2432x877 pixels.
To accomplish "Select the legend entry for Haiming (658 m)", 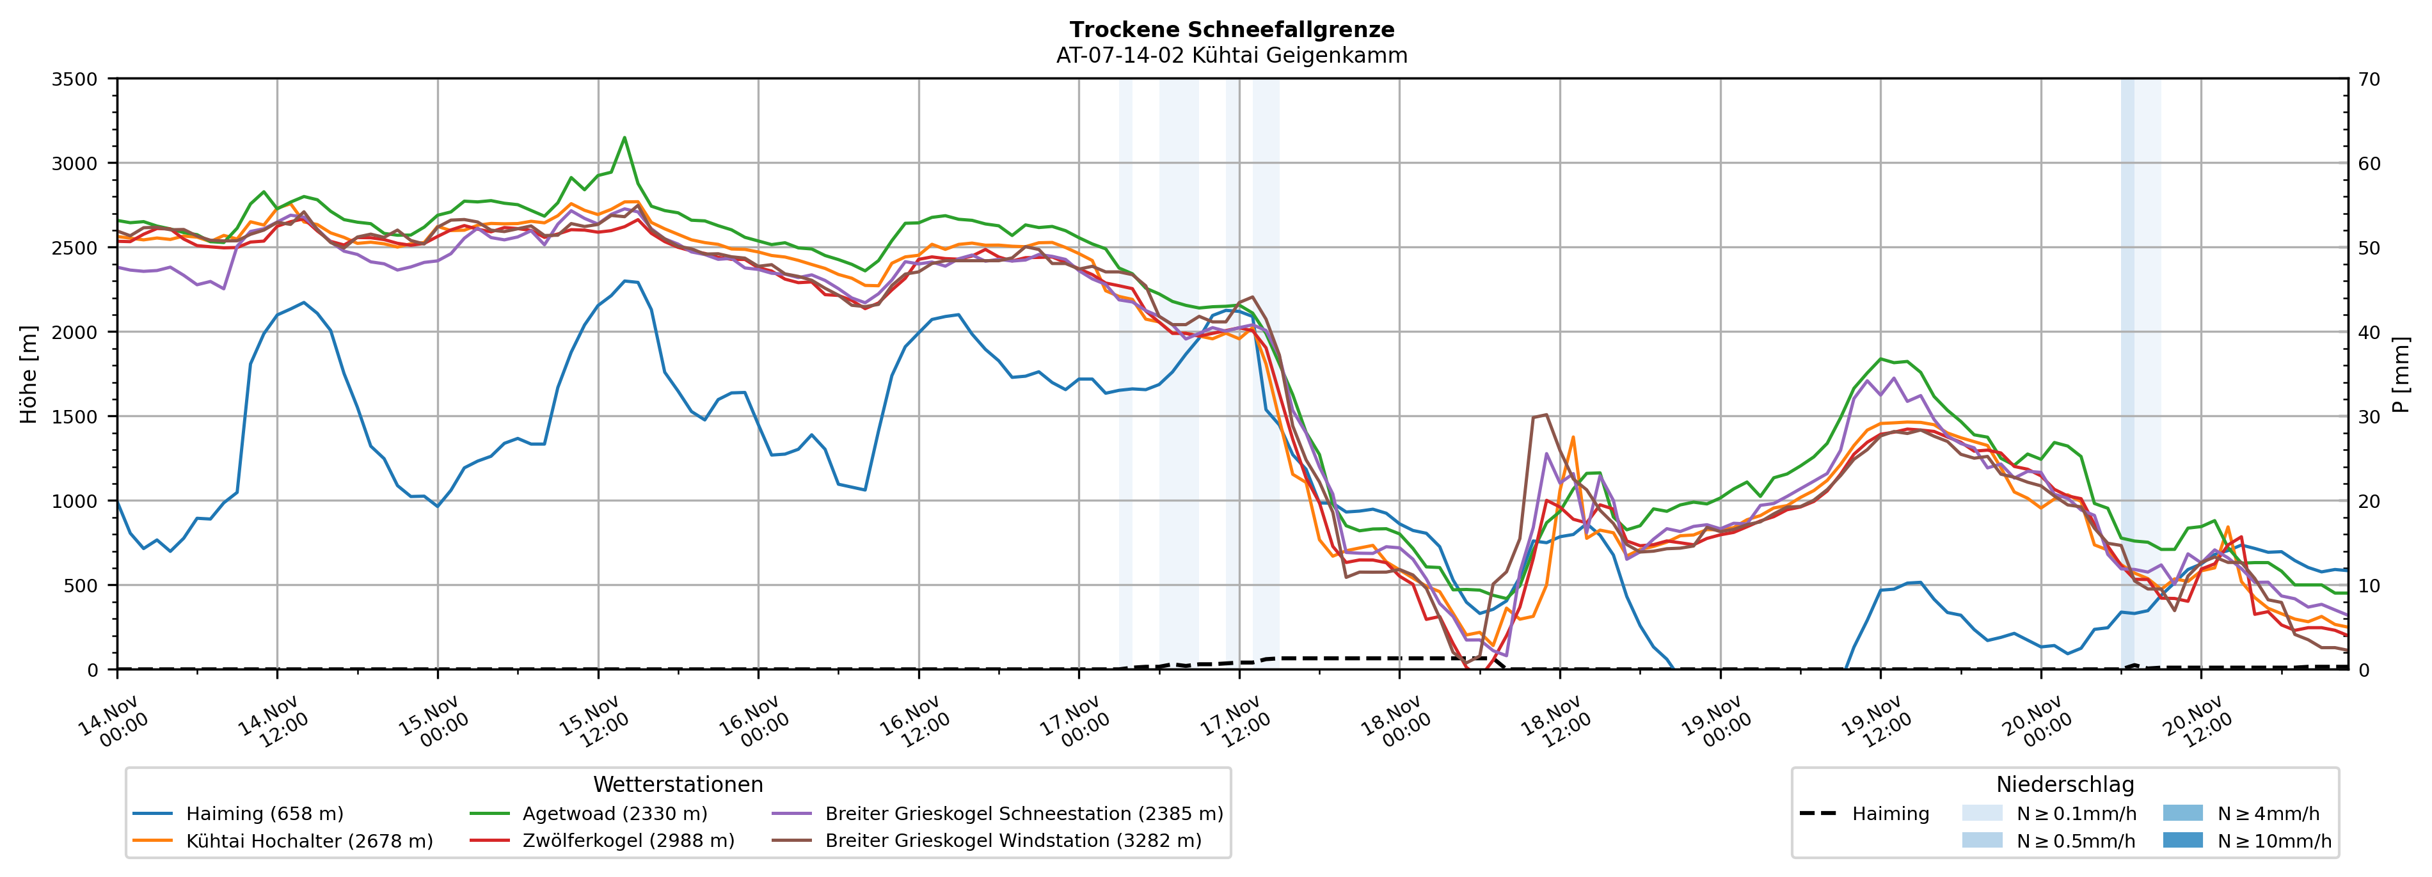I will point(264,814).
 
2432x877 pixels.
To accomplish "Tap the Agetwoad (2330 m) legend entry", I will point(615,814).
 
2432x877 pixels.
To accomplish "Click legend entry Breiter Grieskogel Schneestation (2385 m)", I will point(1023,814).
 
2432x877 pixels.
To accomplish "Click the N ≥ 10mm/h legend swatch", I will point(2182,840).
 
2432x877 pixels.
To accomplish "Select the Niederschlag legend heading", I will point(2065,784).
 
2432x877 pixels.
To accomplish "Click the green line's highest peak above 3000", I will point(624,138).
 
